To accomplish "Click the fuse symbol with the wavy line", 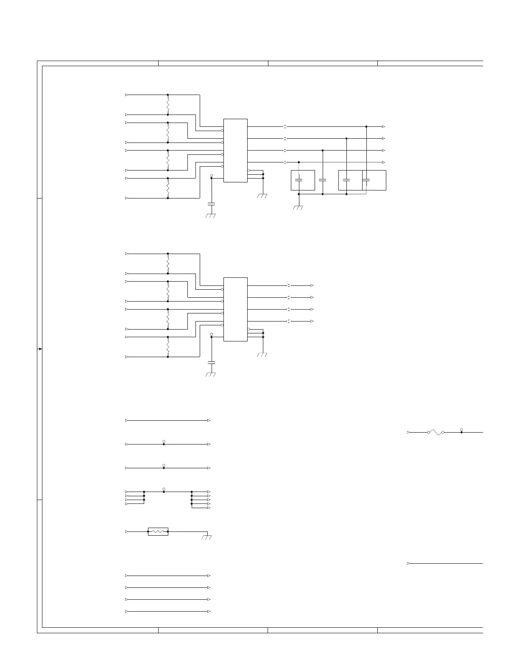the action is (436, 432).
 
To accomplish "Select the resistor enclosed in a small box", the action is (158, 531).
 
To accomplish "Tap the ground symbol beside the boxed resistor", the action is (207, 537).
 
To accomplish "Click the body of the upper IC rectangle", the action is (235, 151).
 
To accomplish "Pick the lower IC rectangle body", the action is (235, 309).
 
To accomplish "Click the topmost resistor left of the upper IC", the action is (168, 104).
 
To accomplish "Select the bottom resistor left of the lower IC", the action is (168, 347).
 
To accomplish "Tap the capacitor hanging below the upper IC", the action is (211, 204).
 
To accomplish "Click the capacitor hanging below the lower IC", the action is (211, 363).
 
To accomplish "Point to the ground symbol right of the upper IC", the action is (262, 196).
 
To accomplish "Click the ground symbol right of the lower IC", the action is (262, 355).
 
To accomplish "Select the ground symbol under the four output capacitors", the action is (299, 208).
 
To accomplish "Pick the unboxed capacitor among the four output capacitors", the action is (323, 180).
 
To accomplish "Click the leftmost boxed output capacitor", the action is (299, 180).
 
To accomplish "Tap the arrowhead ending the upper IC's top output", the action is (383, 126).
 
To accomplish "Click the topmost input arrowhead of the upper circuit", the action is (127, 95).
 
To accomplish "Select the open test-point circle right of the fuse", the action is (461, 429).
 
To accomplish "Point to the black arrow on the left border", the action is (40, 349).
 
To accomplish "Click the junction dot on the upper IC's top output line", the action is (366, 126).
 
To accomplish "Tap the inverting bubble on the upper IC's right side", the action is (249, 170).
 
